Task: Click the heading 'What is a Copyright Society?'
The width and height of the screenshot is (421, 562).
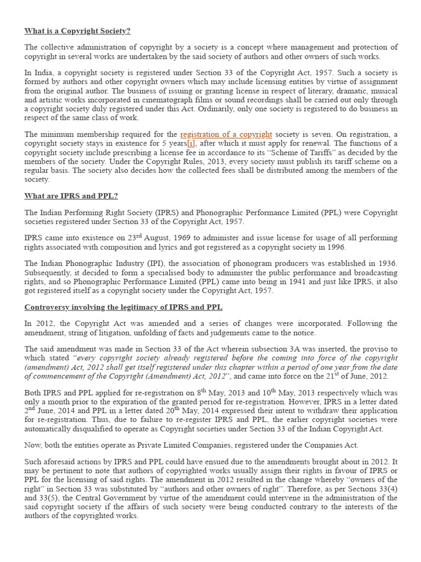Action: click(x=77, y=31)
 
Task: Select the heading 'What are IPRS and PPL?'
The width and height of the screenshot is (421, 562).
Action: click(x=71, y=196)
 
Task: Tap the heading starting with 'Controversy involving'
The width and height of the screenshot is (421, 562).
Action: click(x=123, y=307)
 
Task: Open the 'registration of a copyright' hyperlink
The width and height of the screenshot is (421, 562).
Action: click(x=226, y=134)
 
